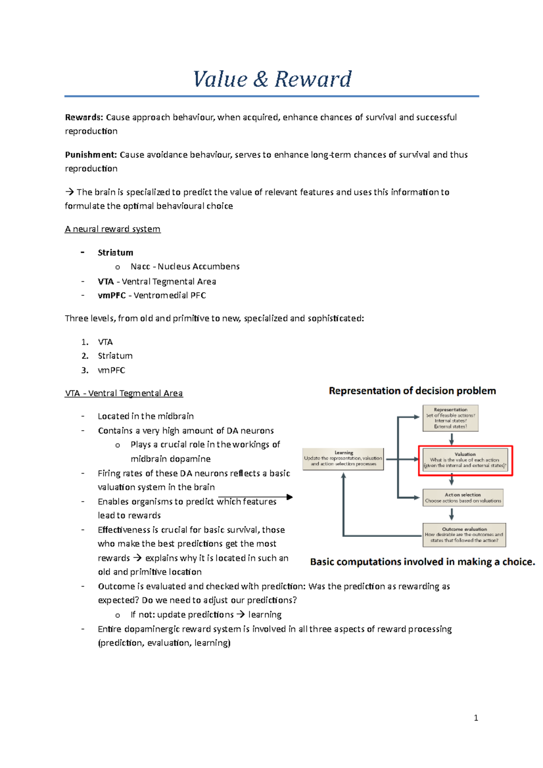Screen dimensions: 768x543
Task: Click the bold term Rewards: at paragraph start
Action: pyautogui.click(x=84, y=118)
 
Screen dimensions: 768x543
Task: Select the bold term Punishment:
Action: pyautogui.click(x=91, y=155)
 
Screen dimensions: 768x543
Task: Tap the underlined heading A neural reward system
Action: pyautogui.click(x=113, y=229)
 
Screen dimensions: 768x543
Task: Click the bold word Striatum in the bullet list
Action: pyautogui.click(x=115, y=252)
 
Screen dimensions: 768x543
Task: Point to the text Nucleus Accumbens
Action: pyautogui.click(x=199, y=266)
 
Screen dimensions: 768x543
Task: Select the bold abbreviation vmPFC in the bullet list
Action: pyautogui.click(x=112, y=295)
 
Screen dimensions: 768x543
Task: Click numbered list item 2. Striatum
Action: pyautogui.click(x=115, y=356)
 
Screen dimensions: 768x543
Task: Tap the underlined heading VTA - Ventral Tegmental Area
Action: pyautogui.click(x=124, y=393)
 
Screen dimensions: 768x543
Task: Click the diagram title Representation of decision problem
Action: pyautogui.click(x=412, y=391)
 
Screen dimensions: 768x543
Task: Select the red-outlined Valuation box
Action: pyautogui.click(x=465, y=460)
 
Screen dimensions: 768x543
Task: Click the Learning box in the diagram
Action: pyautogui.click(x=343, y=459)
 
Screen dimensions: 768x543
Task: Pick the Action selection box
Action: pyautogui.click(x=463, y=498)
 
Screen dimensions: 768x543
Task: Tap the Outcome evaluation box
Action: pyautogui.click(x=464, y=535)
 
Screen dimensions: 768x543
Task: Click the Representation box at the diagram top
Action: pyautogui.click(x=450, y=418)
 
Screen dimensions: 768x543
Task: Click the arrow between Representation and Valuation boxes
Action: pyautogui.click(x=451, y=439)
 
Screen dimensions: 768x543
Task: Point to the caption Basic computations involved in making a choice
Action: pyautogui.click(x=422, y=562)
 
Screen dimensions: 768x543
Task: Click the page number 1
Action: pyautogui.click(x=476, y=718)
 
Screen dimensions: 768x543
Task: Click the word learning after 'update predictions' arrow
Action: pyautogui.click(x=265, y=615)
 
